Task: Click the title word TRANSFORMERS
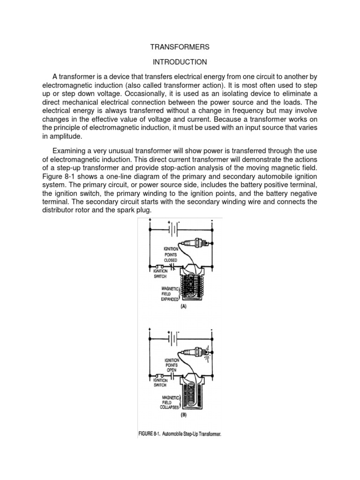(x=180, y=47)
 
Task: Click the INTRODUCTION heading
(x=180, y=62)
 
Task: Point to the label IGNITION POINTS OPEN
(x=170, y=362)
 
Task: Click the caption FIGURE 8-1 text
(x=180, y=434)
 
